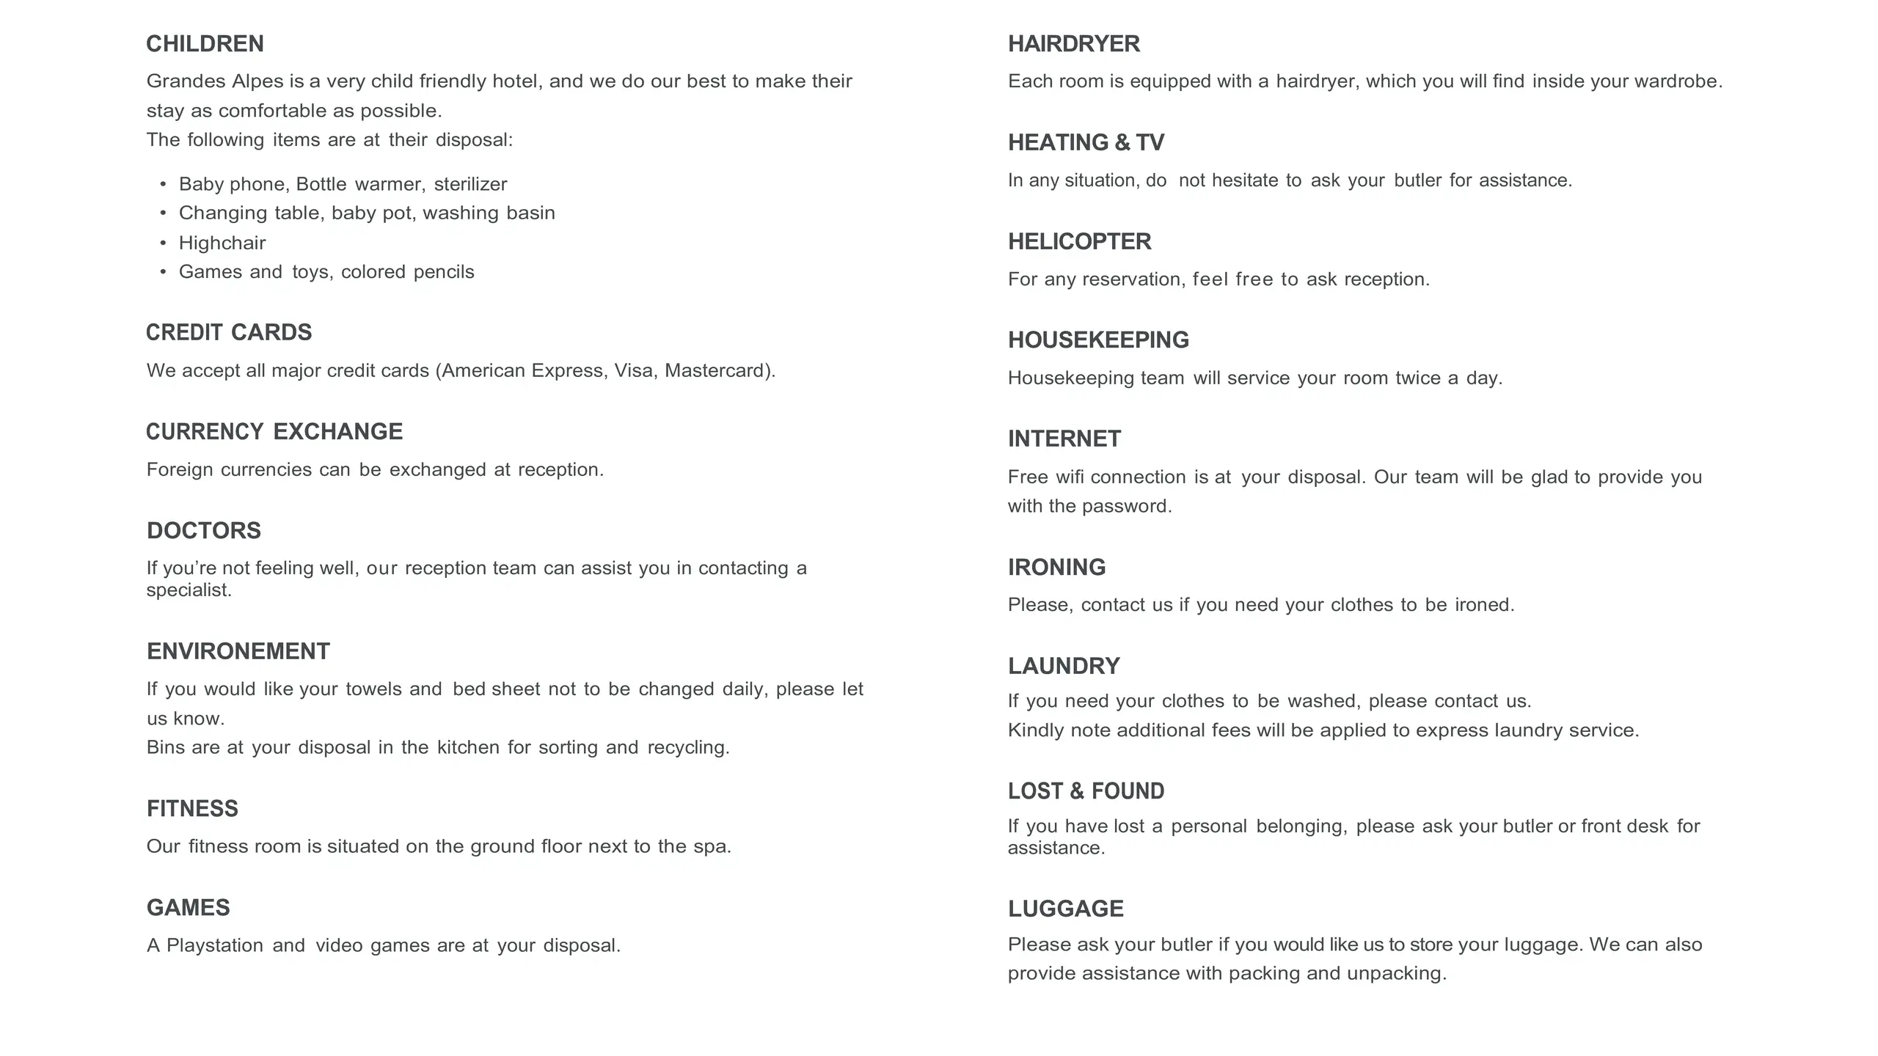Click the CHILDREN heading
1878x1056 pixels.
pos(205,44)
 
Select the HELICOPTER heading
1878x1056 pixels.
pos(1079,241)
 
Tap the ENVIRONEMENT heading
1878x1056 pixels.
pos(238,651)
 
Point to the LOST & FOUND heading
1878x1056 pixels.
pos(1086,791)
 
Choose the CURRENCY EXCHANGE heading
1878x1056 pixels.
pos(274,431)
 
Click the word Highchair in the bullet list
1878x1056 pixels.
pos(222,243)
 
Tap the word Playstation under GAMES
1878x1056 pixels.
pos(215,945)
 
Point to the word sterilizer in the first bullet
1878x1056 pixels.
pos(470,184)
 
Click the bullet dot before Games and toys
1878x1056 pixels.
pos(163,272)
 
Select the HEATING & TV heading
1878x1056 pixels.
pos(1086,142)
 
